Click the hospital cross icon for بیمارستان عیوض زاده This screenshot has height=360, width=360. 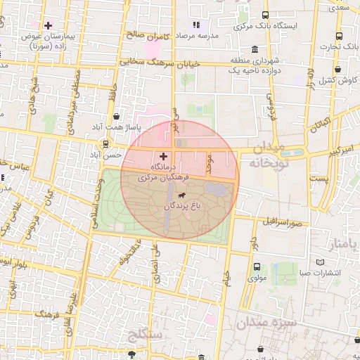click(48, 26)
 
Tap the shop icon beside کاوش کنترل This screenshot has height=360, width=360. click(339, 70)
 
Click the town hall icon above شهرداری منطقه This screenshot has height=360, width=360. click(254, 49)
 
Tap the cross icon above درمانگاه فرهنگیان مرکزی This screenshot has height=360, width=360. click(164, 156)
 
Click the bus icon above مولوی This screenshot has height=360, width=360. click(257, 266)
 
